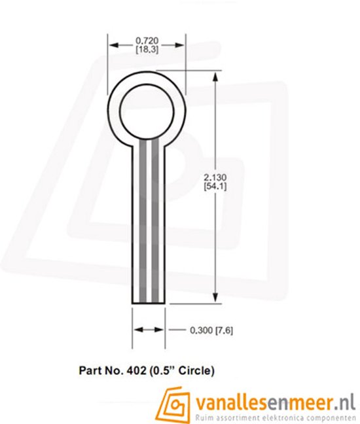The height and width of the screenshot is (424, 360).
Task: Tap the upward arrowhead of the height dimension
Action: [215, 77]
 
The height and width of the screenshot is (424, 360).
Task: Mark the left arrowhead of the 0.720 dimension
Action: [113, 44]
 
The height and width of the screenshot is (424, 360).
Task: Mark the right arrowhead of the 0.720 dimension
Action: [181, 44]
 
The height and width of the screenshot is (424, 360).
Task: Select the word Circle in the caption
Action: [196, 371]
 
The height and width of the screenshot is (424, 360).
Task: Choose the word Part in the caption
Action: [91, 371]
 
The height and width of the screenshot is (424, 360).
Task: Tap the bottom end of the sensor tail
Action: [149, 302]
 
